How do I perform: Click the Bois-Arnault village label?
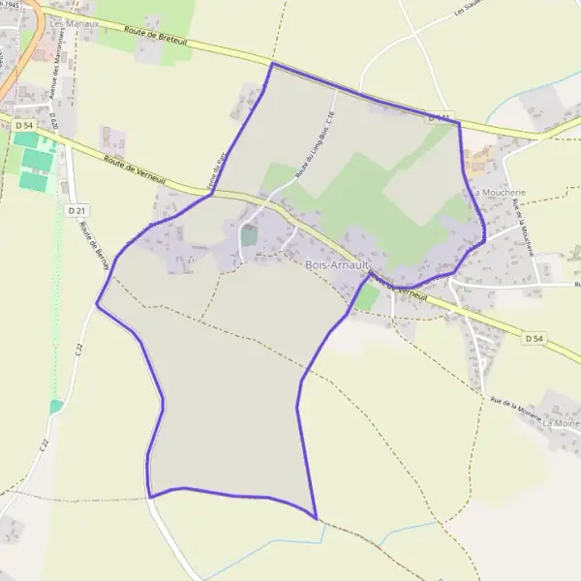334,265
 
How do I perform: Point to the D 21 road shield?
78,210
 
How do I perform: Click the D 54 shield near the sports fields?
23,126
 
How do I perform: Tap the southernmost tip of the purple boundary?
316,517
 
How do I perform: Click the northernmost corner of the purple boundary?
272,64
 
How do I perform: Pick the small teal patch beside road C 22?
56,407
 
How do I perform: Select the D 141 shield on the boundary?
441,117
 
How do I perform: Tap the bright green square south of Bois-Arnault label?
365,297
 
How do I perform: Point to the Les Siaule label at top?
471,9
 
